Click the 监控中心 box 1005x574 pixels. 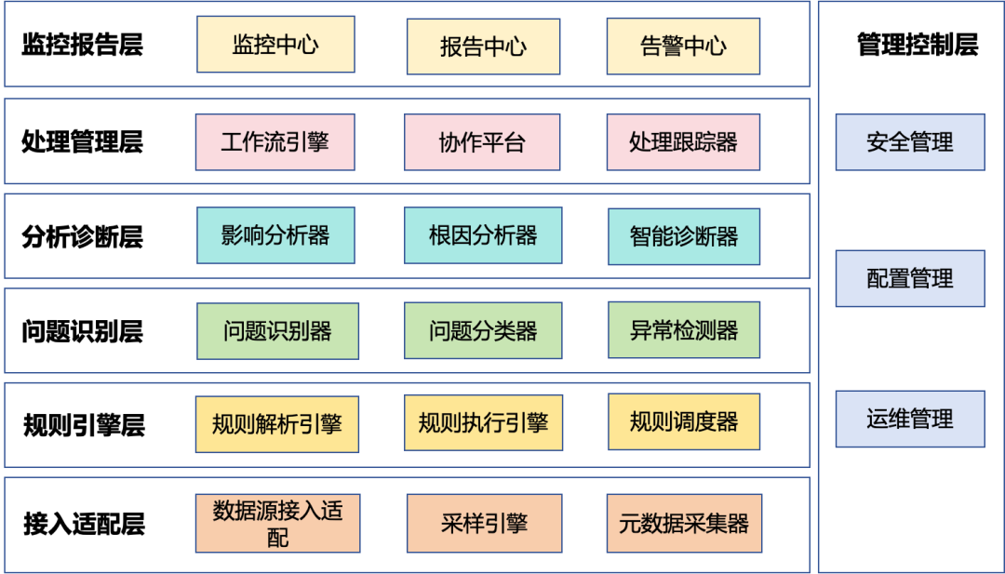[275, 45]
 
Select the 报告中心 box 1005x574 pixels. [483, 47]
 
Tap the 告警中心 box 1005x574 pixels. [683, 47]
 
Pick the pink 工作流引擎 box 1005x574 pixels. [275, 142]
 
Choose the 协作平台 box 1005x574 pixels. [482, 142]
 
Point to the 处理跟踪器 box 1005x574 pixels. [683, 142]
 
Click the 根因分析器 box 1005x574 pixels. [482, 236]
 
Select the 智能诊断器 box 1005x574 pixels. [683, 236]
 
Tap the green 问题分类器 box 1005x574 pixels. [482, 330]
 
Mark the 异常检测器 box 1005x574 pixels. [683, 330]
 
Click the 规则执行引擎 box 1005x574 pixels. [483, 423]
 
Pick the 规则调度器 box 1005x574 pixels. [683, 422]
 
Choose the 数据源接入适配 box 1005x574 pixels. [277, 524]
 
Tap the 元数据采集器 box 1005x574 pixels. [683, 524]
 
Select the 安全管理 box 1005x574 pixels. [909, 142]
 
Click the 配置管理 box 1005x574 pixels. [909, 278]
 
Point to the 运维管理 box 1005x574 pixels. [909, 419]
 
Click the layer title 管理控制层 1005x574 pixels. [917, 45]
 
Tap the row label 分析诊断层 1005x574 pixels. [82, 236]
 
